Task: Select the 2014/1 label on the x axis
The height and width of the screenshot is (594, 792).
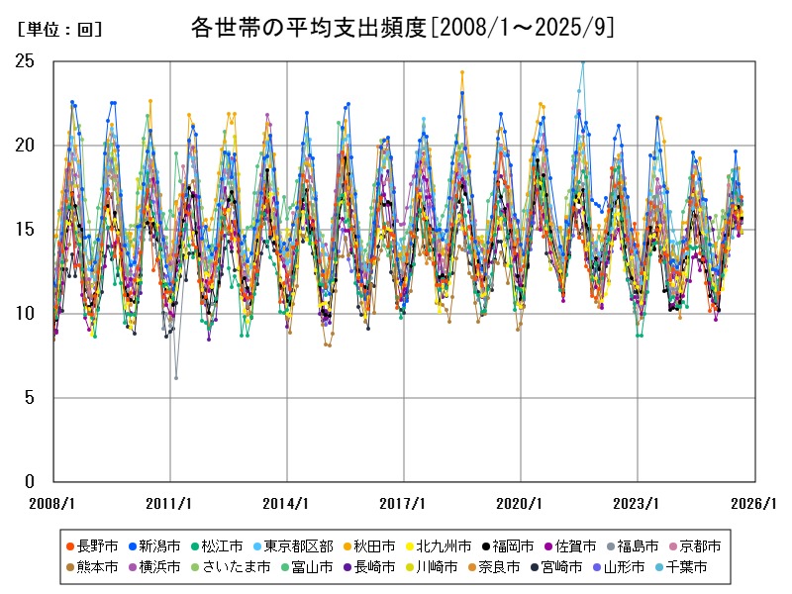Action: [286, 504]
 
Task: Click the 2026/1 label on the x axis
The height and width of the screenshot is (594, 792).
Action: [755, 504]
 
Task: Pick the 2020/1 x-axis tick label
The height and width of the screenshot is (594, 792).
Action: [521, 504]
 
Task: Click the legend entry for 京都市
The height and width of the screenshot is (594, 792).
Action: [700, 546]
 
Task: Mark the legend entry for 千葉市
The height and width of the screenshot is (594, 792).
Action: [687, 568]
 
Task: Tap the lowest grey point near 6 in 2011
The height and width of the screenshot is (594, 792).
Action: [176, 378]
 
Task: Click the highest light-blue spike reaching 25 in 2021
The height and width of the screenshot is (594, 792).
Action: [582, 61]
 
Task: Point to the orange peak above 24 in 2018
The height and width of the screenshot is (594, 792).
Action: [461, 72]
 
